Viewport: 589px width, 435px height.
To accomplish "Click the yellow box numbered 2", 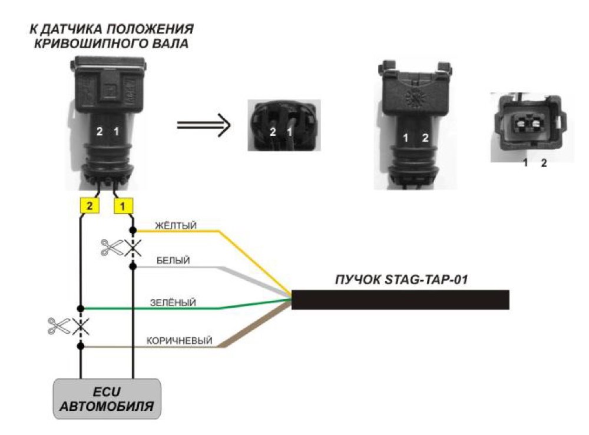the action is [x=90, y=205].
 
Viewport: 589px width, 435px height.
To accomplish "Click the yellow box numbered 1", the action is [x=123, y=206].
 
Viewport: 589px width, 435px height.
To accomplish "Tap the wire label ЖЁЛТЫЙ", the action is [x=176, y=226].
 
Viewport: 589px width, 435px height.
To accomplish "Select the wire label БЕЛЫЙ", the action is [x=173, y=261].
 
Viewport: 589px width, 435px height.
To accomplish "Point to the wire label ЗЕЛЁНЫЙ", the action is [x=173, y=303].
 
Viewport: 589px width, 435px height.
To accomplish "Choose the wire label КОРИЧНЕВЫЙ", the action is [x=179, y=341].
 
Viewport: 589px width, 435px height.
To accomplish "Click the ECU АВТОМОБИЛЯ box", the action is [x=107, y=399].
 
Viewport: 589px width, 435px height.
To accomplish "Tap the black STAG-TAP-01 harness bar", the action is [x=401, y=300].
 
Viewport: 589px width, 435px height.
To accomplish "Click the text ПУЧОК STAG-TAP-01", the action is [x=402, y=280].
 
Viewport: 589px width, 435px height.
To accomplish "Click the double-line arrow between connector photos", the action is [x=204, y=125].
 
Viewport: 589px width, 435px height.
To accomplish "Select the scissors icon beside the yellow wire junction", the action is [x=111, y=248].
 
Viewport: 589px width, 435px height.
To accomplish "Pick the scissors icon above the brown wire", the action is [x=59, y=326].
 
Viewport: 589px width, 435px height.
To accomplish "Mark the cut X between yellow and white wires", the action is [x=133, y=248].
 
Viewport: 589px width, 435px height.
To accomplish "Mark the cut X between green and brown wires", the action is [x=80, y=327].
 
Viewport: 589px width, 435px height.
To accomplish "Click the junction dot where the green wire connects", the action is [x=80, y=308].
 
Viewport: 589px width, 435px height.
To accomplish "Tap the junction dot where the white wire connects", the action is [x=133, y=267].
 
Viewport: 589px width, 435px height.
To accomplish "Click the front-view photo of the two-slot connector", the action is [x=532, y=127].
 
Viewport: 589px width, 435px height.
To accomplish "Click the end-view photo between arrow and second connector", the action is [x=284, y=125].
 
